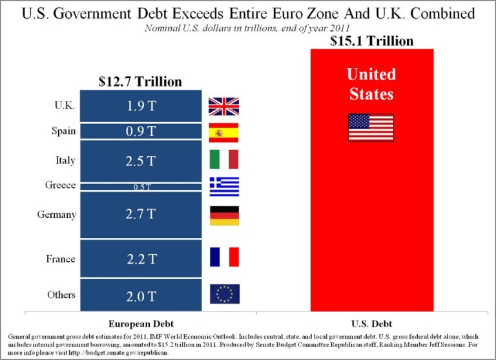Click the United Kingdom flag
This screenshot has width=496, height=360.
(x=223, y=106)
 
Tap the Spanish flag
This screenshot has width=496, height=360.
(x=223, y=132)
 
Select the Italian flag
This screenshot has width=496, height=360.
(x=223, y=159)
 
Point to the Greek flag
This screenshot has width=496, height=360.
(x=223, y=186)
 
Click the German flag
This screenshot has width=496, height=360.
(x=223, y=215)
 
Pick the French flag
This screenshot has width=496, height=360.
(x=223, y=257)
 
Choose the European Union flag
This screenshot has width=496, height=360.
(x=223, y=294)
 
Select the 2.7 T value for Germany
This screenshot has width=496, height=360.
(x=140, y=215)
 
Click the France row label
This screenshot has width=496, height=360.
(x=61, y=259)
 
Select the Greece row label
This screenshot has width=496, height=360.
(x=60, y=185)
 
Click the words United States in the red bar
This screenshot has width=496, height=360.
(x=371, y=83)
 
